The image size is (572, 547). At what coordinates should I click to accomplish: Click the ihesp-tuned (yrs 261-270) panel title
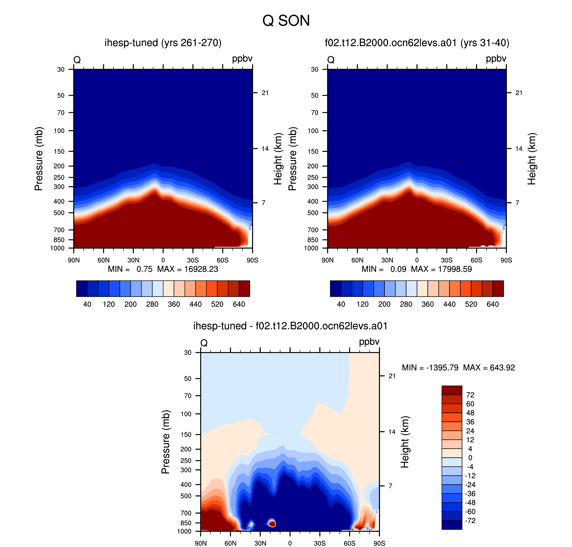pyautogui.click(x=163, y=43)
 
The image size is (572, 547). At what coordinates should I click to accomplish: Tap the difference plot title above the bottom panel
pyautogui.click(x=290, y=326)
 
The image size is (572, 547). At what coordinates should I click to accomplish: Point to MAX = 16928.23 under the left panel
pyautogui.click(x=187, y=269)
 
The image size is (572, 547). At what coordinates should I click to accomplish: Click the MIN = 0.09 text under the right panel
pyautogui.click(x=384, y=269)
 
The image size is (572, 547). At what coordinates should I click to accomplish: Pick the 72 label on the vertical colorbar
pyautogui.click(x=470, y=395)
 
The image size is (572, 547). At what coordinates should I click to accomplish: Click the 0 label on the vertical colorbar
pyautogui.click(x=470, y=458)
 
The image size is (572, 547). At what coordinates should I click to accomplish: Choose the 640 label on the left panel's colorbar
pyautogui.click(x=239, y=304)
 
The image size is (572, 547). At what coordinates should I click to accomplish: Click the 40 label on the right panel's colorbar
pyautogui.click(x=341, y=304)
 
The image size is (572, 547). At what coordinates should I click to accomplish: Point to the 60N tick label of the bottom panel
pyautogui.click(x=230, y=543)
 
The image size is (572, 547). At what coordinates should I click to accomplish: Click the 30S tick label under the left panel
pyautogui.click(x=193, y=260)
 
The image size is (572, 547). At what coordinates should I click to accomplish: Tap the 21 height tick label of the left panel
pyautogui.click(x=265, y=93)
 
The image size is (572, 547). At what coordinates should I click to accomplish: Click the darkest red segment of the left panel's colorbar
pyautogui.click(x=244, y=288)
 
